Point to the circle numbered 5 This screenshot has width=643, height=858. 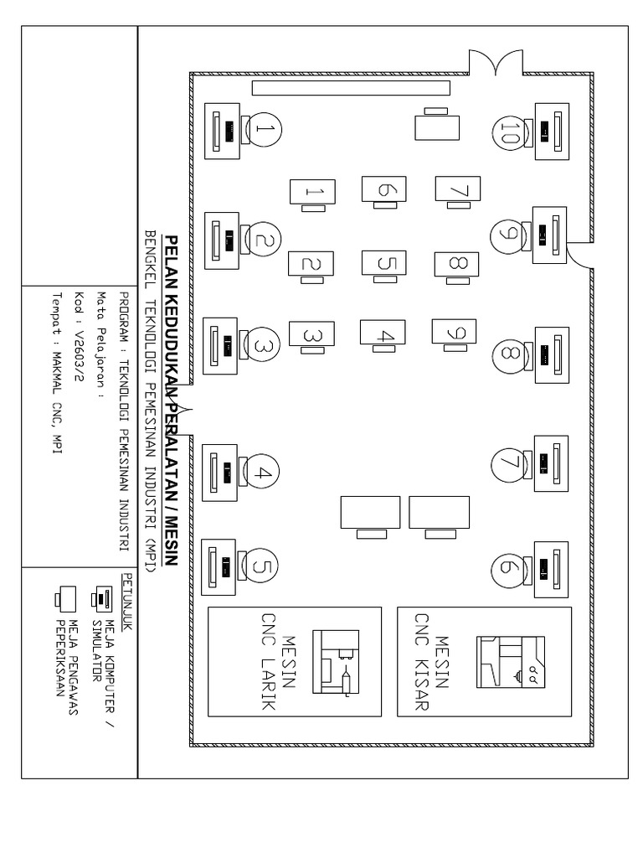click(x=260, y=567)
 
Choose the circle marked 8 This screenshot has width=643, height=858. click(x=508, y=354)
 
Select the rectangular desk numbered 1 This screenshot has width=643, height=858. click(x=311, y=192)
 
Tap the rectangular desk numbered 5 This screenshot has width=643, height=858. click(x=384, y=263)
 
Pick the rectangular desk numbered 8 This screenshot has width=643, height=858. click(x=457, y=263)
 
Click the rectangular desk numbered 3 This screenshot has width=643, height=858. click(x=311, y=334)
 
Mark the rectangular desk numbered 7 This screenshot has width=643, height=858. click(x=458, y=189)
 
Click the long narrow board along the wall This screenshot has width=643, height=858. click(x=351, y=87)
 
